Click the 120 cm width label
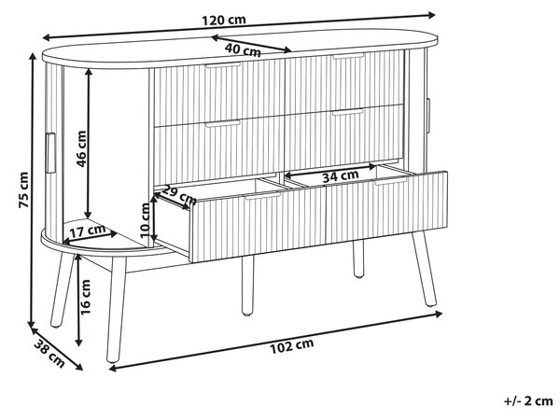point(224,20)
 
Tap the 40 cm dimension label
point(243,49)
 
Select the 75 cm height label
point(23,189)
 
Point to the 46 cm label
point(82,148)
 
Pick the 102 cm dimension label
point(292,345)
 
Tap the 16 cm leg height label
point(85,297)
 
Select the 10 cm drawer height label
point(145,220)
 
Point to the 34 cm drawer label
point(341,176)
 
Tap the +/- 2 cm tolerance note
point(528,401)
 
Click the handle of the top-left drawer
point(223,65)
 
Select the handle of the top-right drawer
point(348,56)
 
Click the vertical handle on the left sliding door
point(50,153)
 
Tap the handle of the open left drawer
point(263,196)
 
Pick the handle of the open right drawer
point(391,181)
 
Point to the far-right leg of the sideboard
point(425,269)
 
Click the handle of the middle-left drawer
point(223,123)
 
